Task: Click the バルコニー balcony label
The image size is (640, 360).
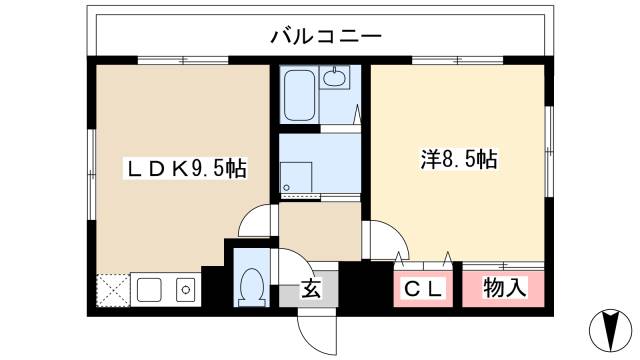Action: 325,37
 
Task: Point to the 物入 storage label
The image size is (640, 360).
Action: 504,289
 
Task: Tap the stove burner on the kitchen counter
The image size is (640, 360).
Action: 186,291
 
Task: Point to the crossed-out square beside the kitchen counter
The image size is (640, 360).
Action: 113,291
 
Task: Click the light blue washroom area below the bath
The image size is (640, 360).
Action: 318,165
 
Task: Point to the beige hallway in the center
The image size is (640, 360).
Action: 318,230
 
